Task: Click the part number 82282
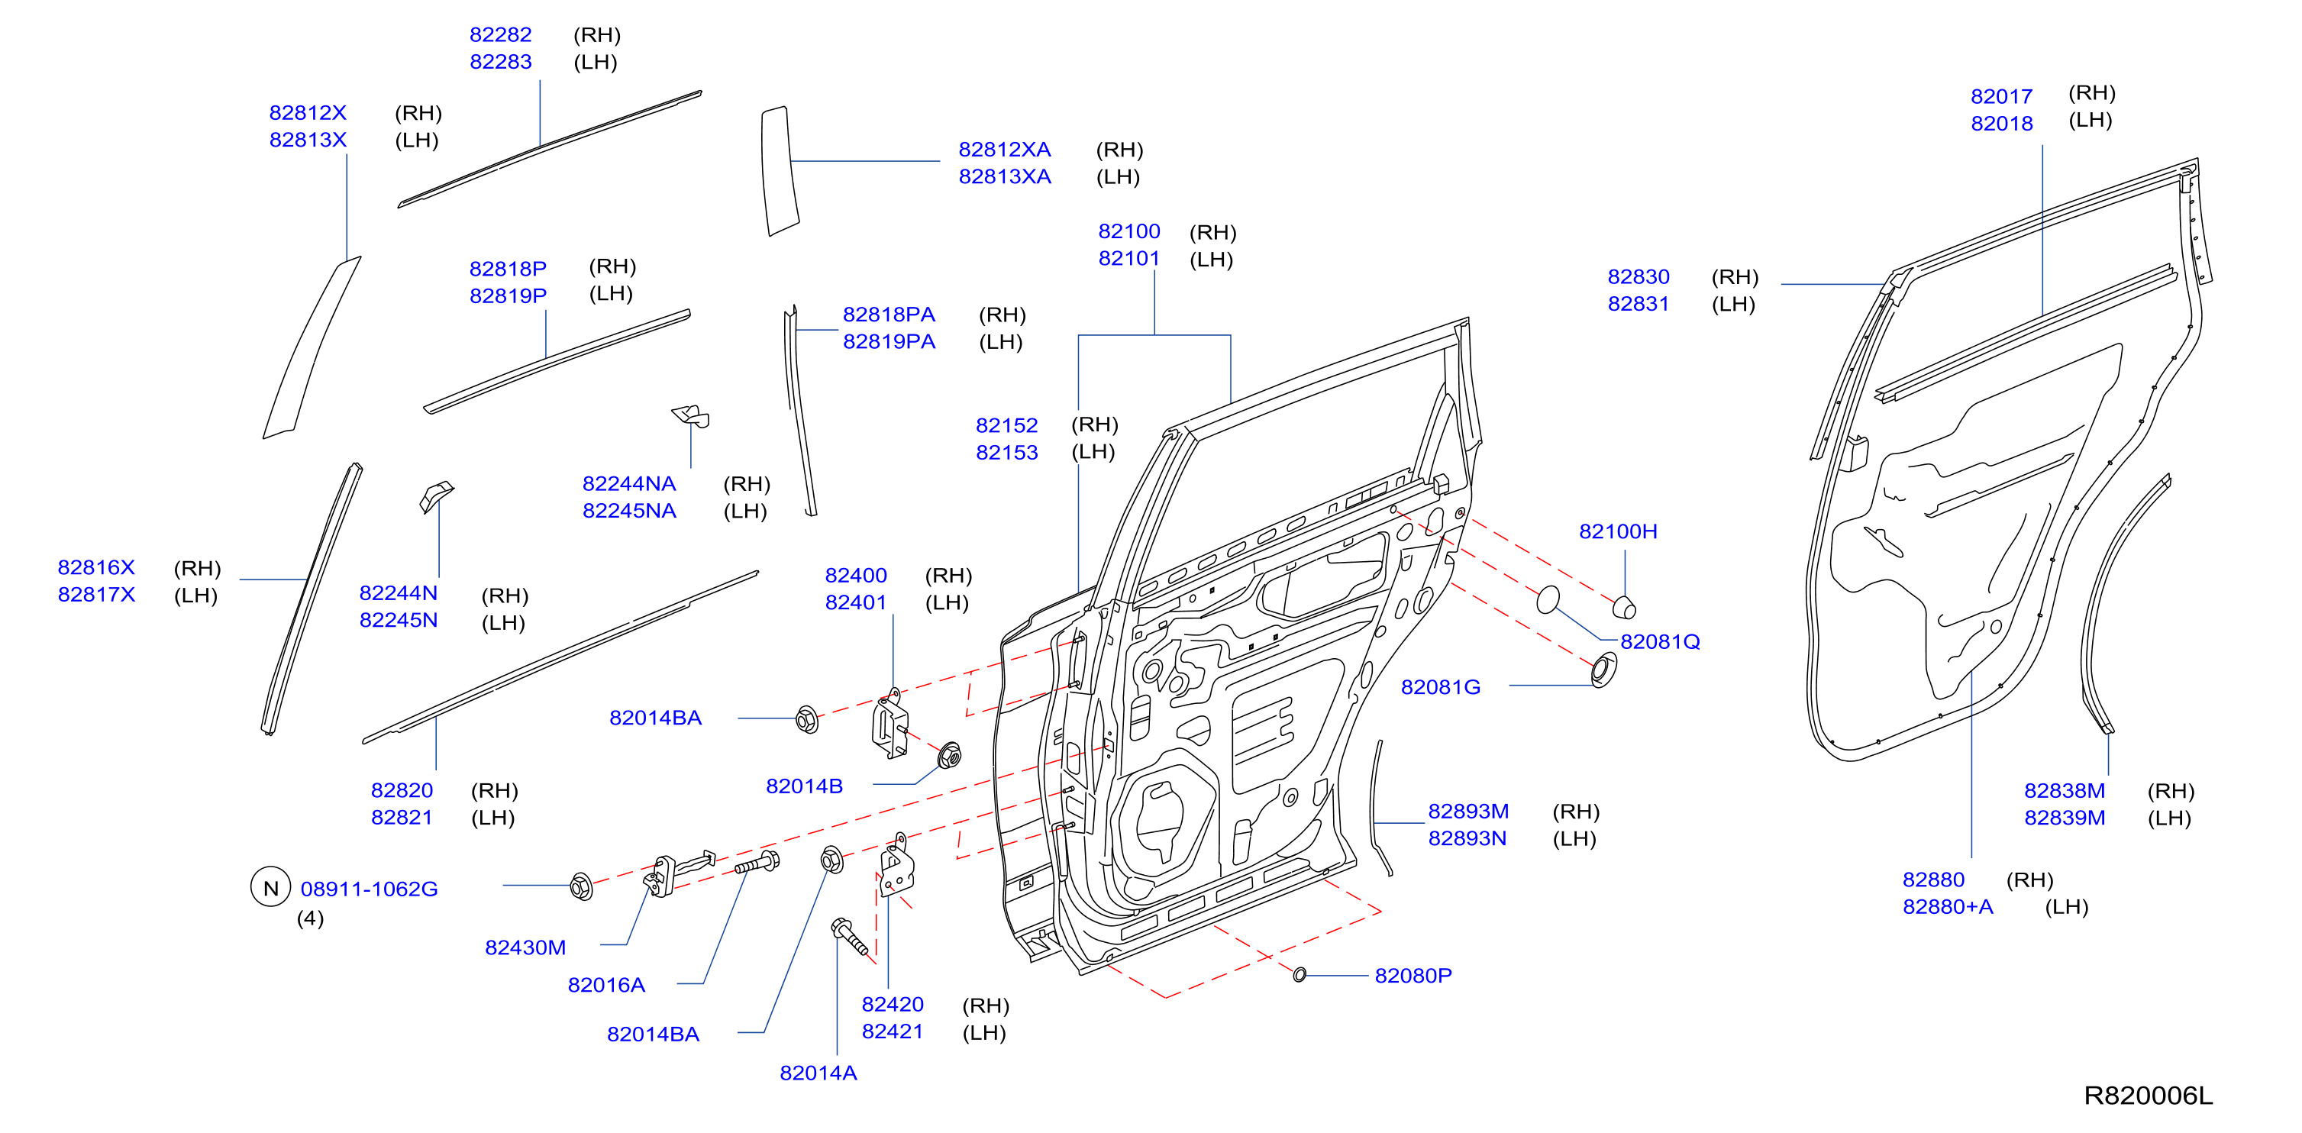point(500,35)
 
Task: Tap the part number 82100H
point(1617,531)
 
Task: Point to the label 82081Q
point(1659,641)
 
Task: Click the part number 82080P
point(1413,976)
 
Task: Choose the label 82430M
point(525,948)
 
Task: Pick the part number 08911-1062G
point(369,889)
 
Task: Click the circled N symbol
point(271,887)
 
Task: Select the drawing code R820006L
point(2148,1096)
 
